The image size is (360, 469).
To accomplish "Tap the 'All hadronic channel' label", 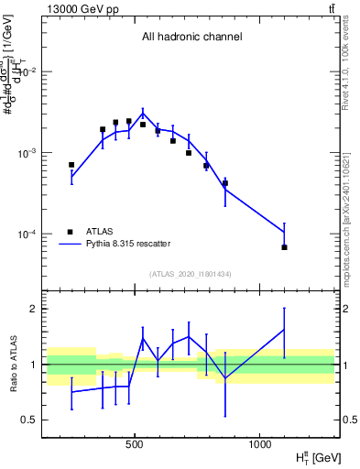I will point(191,38).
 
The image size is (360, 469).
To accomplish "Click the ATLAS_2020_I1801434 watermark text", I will point(191,274).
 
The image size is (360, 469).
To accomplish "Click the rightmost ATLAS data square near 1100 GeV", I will point(284,247).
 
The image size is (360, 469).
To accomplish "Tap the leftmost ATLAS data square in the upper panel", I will point(71,165).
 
